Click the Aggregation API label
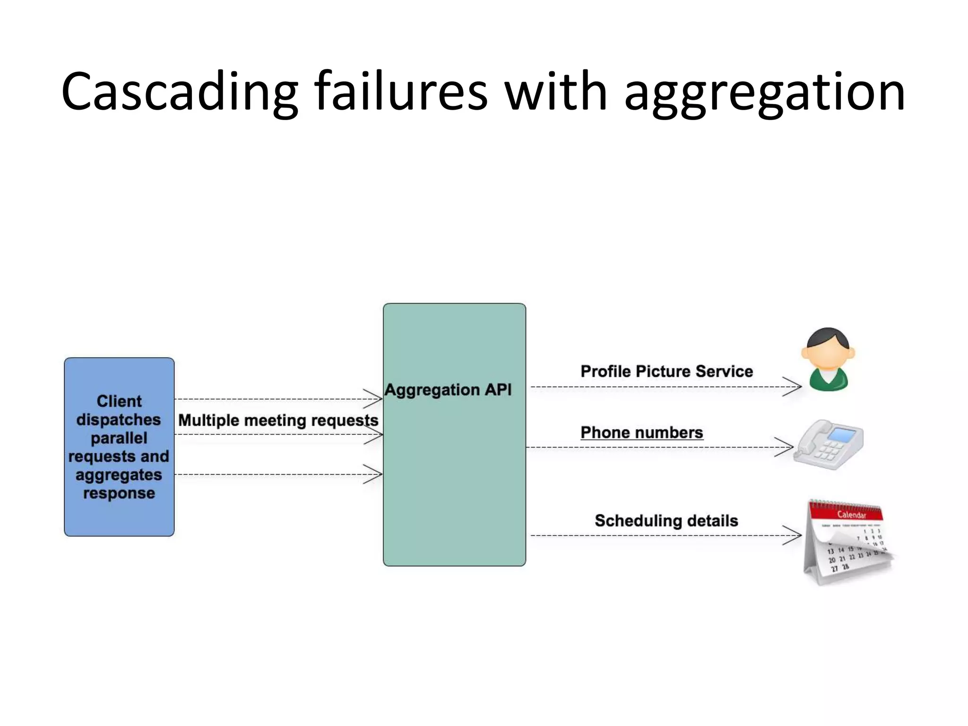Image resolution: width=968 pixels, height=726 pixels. [448, 390]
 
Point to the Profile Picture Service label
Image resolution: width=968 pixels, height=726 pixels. [666, 372]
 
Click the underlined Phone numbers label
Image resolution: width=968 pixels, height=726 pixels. [641, 432]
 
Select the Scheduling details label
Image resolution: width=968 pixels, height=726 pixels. [666, 521]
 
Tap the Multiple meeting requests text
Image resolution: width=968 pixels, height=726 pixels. [278, 420]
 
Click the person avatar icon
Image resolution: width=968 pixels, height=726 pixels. [828, 359]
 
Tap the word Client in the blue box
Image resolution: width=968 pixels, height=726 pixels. [119, 401]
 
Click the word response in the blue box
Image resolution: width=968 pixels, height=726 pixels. [119, 493]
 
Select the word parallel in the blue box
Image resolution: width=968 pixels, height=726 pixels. [119, 438]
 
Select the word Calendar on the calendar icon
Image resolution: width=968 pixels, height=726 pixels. [851, 515]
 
